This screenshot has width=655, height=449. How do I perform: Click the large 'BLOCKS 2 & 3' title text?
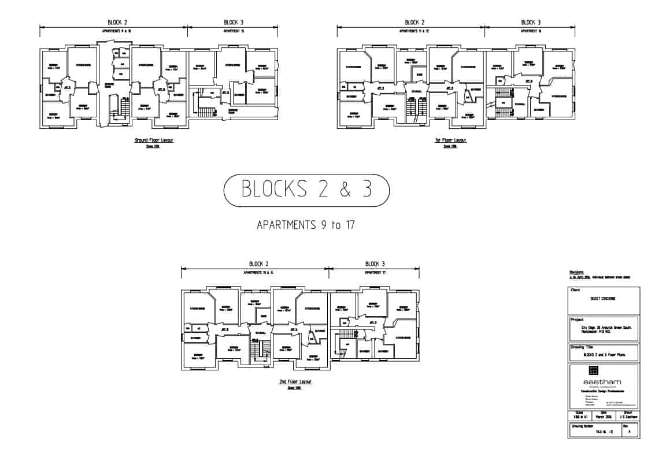[x=306, y=190]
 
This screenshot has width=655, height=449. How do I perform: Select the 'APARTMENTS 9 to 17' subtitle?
[x=306, y=225]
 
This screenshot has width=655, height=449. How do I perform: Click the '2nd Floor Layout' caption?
[x=295, y=382]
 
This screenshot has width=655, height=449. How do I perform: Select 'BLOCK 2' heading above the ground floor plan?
[x=113, y=23]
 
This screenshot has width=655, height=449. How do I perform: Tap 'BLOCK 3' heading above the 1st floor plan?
[x=531, y=23]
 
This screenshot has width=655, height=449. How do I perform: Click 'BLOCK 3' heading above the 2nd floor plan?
[x=375, y=264]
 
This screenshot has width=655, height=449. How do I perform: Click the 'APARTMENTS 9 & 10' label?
[x=113, y=31]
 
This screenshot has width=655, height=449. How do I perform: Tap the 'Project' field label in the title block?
[x=578, y=319]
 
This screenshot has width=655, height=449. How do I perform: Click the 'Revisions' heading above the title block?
[x=577, y=272]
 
